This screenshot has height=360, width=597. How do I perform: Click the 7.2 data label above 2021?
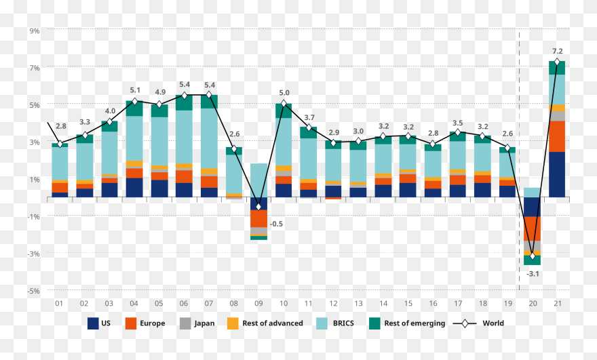(557, 51)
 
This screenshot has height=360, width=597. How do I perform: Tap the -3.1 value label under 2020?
(533, 274)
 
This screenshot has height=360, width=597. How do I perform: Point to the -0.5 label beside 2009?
(276, 224)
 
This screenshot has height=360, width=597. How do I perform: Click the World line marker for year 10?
(284, 104)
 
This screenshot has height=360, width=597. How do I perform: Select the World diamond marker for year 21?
(557, 62)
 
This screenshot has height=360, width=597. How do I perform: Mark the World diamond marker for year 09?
(258, 207)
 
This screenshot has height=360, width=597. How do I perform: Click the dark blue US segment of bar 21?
(557, 174)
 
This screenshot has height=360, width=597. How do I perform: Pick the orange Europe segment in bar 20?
(533, 228)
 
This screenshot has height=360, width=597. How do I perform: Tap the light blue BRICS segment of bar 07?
(209, 138)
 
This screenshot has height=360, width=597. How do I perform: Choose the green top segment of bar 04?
(134, 108)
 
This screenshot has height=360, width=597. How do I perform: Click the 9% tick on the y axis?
(35, 31)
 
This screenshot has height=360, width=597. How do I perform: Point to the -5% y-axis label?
(34, 291)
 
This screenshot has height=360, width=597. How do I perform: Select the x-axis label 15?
(408, 304)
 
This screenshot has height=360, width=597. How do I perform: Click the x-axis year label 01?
(60, 304)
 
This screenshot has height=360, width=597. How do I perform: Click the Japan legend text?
(204, 323)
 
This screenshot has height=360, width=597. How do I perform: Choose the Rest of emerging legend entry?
(407, 323)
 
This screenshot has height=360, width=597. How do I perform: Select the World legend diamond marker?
(465, 323)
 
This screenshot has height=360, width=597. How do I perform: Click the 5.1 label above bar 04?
(134, 90)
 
